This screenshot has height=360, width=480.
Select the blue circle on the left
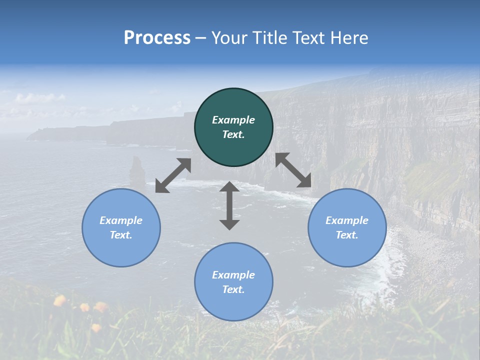pos(121,227)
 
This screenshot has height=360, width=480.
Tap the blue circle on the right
pos(347,227)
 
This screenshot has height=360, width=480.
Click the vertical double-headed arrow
pos(229,205)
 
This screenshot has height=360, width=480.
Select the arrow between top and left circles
pos(173,175)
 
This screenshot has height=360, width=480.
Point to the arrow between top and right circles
pos(293,170)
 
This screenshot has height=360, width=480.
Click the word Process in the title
pos(157,38)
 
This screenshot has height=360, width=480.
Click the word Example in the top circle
pos(233,120)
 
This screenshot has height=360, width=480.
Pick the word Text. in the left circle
pos(121,235)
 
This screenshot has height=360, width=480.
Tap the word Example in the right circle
pos(347,220)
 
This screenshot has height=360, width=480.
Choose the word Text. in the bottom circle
pos(233,289)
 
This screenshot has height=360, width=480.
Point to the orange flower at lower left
pos(60,300)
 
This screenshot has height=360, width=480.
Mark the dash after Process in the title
pos(201,38)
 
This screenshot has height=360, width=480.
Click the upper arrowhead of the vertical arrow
pos(229,187)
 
